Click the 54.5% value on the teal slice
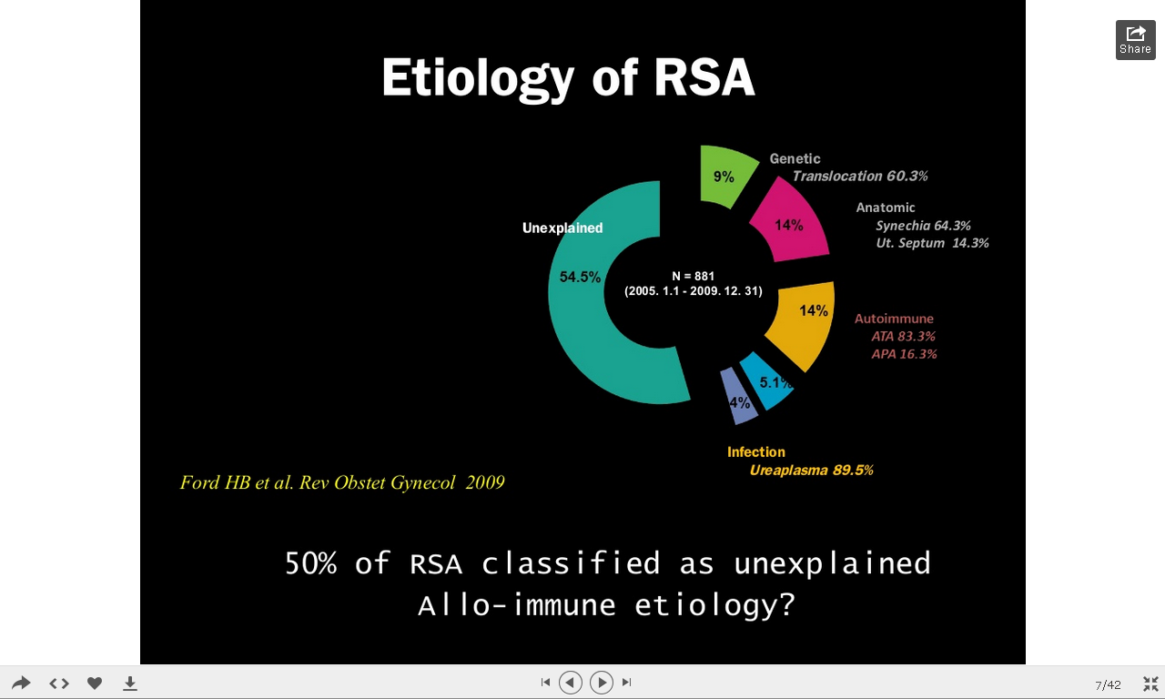point(580,277)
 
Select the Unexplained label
point(562,228)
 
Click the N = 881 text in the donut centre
point(694,276)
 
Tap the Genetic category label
point(795,158)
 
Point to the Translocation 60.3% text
point(860,177)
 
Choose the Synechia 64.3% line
point(923,226)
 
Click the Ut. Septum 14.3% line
point(932,243)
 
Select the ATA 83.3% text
point(904,337)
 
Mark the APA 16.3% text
point(904,354)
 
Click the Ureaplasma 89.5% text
point(811,471)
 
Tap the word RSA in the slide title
point(704,77)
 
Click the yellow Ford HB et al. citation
point(342,482)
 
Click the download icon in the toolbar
point(130,683)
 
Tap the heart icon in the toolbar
point(94,683)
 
